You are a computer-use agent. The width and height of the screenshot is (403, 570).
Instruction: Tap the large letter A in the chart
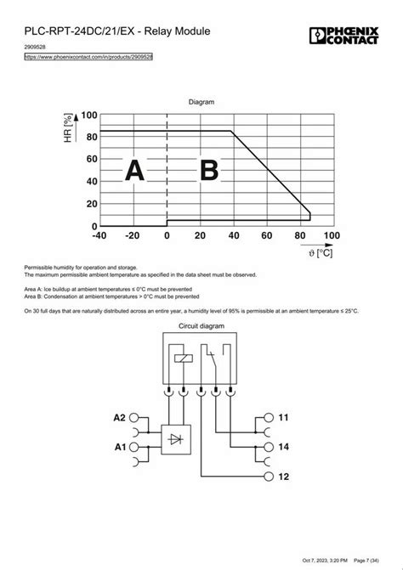[134, 172]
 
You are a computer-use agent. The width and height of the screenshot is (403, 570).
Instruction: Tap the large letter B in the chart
[208, 172]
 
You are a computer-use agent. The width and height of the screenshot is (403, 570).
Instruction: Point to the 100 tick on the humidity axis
[88, 115]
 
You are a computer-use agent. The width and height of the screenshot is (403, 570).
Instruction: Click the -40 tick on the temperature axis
[99, 235]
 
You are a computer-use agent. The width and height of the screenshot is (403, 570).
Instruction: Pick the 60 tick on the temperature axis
[265, 235]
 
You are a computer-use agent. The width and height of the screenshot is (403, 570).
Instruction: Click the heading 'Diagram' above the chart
[201, 101]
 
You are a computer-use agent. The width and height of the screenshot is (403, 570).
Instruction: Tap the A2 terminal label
[120, 419]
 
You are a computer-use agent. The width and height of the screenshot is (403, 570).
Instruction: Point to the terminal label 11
[283, 419]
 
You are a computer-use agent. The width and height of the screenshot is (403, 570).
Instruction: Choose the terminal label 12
[283, 477]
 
